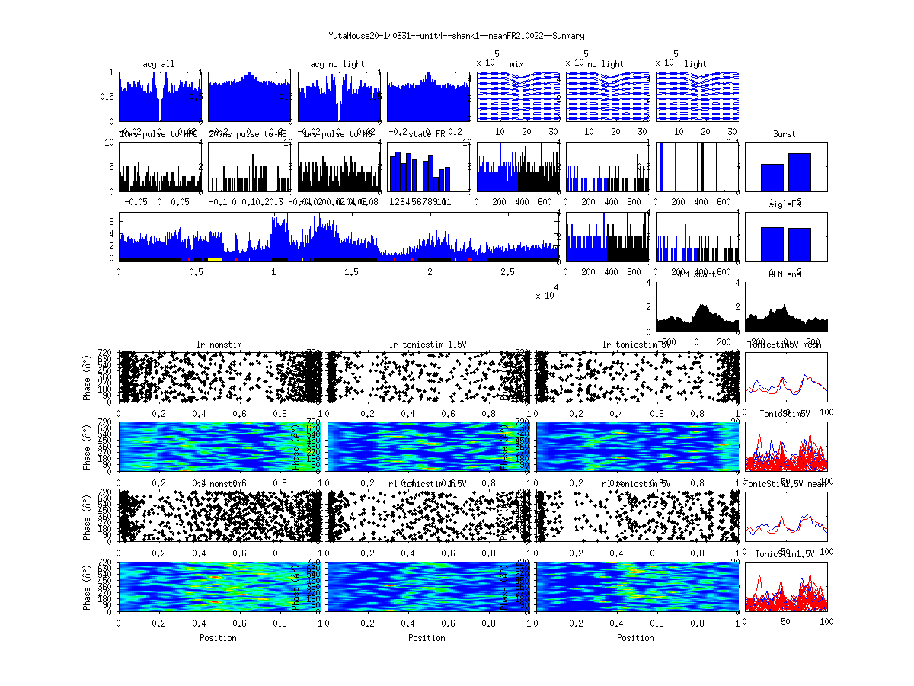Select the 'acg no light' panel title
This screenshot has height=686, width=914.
tap(337, 64)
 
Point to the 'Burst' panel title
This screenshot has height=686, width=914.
tap(785, 134)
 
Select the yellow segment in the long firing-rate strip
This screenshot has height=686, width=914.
tap(215, 259)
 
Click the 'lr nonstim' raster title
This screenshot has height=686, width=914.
tap(221, 345)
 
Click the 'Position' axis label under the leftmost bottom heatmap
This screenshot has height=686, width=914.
tap(218, 637)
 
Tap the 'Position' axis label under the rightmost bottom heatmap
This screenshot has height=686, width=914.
tap(636, 637)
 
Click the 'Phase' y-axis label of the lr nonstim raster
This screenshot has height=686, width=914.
tap(88, 376)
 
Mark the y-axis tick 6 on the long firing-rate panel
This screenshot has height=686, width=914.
tap(111, 221)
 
